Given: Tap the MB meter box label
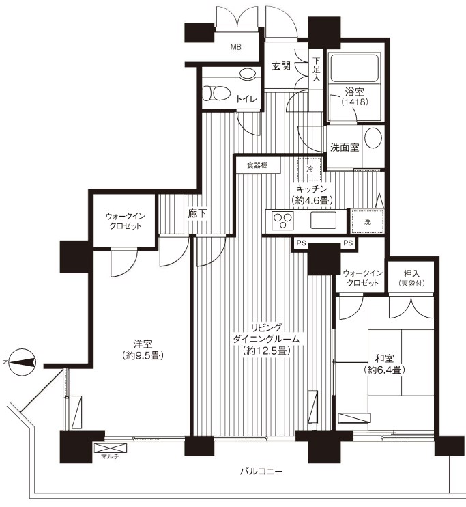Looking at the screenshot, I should tap(235, 47).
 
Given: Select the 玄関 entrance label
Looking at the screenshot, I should tap(282, 66).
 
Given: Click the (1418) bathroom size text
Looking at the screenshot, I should tap(354, 102).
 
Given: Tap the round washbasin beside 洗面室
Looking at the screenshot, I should tap(373, 139).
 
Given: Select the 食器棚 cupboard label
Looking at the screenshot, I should tap(257, 165).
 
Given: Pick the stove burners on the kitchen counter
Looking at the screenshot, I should tap(281, 221).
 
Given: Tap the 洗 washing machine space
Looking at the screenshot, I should tap(367, 222).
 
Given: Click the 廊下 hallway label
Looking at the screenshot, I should tap(198, 213).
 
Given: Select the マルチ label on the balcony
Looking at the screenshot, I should tap(107, 456).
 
